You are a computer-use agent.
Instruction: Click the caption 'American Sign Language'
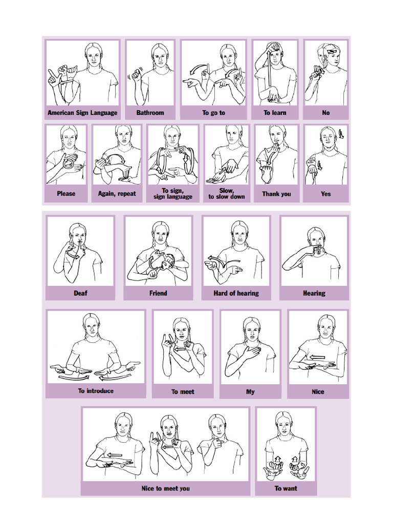tap(82, 113)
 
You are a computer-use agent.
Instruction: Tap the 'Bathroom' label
tap(150, 113)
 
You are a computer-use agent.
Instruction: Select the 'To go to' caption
tap(213, 113)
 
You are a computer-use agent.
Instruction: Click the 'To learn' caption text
tap(275, 113)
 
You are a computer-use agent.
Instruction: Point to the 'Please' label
tap(66, 193)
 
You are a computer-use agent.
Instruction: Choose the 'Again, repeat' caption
tap(117, 193)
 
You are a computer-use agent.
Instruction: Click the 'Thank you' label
tap(276, 193)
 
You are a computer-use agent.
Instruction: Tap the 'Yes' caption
tap(326, 193)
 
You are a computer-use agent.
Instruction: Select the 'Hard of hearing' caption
tap(236, 293)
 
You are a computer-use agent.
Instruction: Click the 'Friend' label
tap(158, 293)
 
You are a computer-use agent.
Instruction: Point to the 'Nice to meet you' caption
tap(165, 488)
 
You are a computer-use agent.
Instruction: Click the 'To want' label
tap(286, 488)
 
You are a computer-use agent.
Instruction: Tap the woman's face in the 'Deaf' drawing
tap(78, 237)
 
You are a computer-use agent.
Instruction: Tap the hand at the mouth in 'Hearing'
tap(317, 251)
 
